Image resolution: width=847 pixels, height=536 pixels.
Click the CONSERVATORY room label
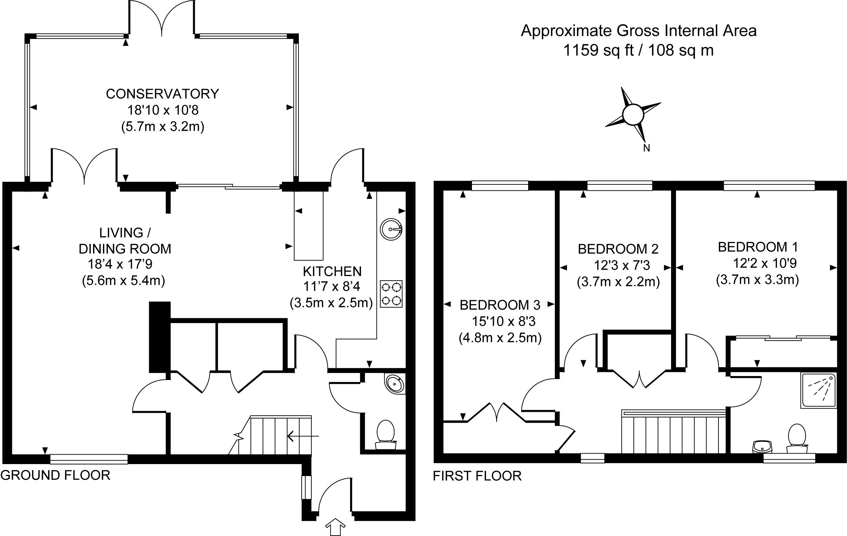coord(162,94)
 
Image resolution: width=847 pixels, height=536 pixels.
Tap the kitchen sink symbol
coord(391,229)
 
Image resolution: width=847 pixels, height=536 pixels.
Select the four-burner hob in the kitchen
coord(391,294)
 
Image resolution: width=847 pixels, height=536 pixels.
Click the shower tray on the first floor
coord(818,390)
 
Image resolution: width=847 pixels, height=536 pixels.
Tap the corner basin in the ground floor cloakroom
coord(395,384)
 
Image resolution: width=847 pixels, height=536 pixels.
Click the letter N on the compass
coord(646,148)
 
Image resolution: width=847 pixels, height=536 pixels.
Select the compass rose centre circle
coord(633,115)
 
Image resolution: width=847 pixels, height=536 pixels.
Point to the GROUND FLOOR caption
coord(55,475)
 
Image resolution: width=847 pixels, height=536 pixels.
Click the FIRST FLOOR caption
coord(477,476)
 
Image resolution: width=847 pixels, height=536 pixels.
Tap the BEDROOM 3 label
coord(500,305)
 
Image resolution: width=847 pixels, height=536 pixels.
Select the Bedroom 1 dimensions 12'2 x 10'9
coord(765,263)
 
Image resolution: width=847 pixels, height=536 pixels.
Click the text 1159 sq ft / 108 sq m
coord(638,50)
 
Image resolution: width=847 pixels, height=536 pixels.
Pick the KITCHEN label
coord(332,272)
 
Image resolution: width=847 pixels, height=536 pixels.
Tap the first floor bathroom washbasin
coord(762,447)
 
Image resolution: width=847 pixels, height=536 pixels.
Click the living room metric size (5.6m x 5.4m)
coord(124,281)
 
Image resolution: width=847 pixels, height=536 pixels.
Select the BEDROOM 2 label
coord(618,249)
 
